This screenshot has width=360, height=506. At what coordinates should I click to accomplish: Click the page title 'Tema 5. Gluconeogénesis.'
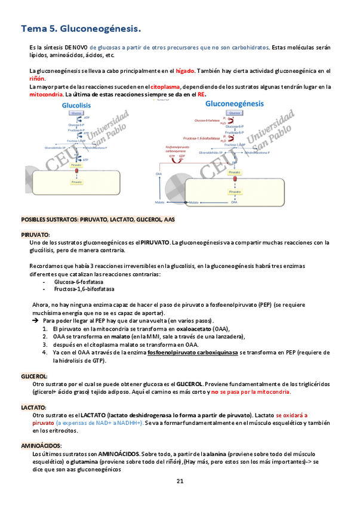pos(81,29)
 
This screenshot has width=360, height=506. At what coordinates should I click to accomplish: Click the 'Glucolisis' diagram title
pos(75,105)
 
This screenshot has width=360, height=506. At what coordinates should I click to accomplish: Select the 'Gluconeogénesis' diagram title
pos(234,103)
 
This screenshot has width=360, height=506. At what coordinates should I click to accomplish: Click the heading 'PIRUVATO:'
pos(35,235)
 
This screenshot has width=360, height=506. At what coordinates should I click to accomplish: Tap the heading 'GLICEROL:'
pos(34,377)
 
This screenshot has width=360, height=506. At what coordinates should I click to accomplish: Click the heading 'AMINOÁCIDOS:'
pos(41,445)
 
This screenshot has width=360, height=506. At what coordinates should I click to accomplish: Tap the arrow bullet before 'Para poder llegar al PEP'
pos(35,321)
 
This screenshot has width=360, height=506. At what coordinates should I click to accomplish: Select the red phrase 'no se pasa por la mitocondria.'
pos(251,392)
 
